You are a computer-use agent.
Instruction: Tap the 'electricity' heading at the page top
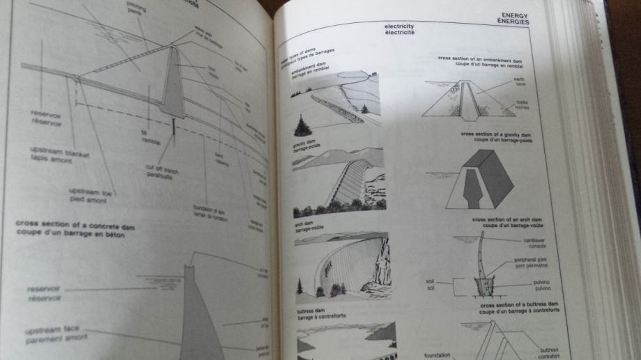tap(399, 27)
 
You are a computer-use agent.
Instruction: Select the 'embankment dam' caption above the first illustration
tap(304, 70)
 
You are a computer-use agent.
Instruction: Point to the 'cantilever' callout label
tap(536, 240)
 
